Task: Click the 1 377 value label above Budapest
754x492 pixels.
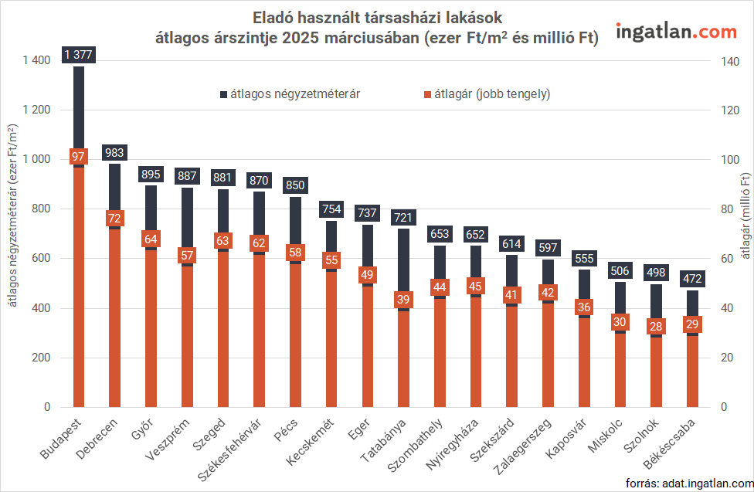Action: click(79, 54)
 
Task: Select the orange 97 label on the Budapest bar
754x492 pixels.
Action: click(79, 157)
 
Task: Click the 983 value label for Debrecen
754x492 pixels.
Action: click(114, 152)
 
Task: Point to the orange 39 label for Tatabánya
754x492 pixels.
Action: click(402, 300)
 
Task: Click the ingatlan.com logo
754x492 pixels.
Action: click(676, 32)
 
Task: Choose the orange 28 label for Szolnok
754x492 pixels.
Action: click(656, 326)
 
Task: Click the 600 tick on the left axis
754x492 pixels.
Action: click(40, 259)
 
